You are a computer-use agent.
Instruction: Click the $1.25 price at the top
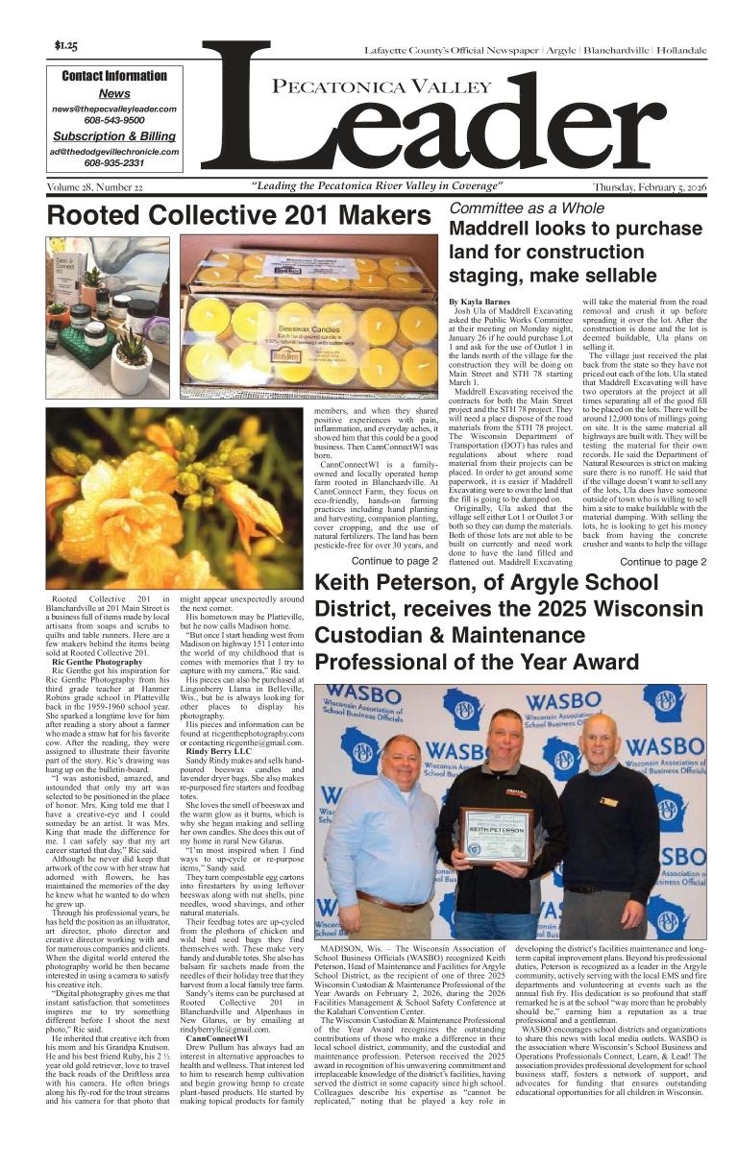[66, 45]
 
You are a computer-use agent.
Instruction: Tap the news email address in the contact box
[114, 109]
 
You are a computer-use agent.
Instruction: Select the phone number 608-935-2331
[114, 163]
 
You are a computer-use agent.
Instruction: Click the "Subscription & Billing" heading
[114, 136]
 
